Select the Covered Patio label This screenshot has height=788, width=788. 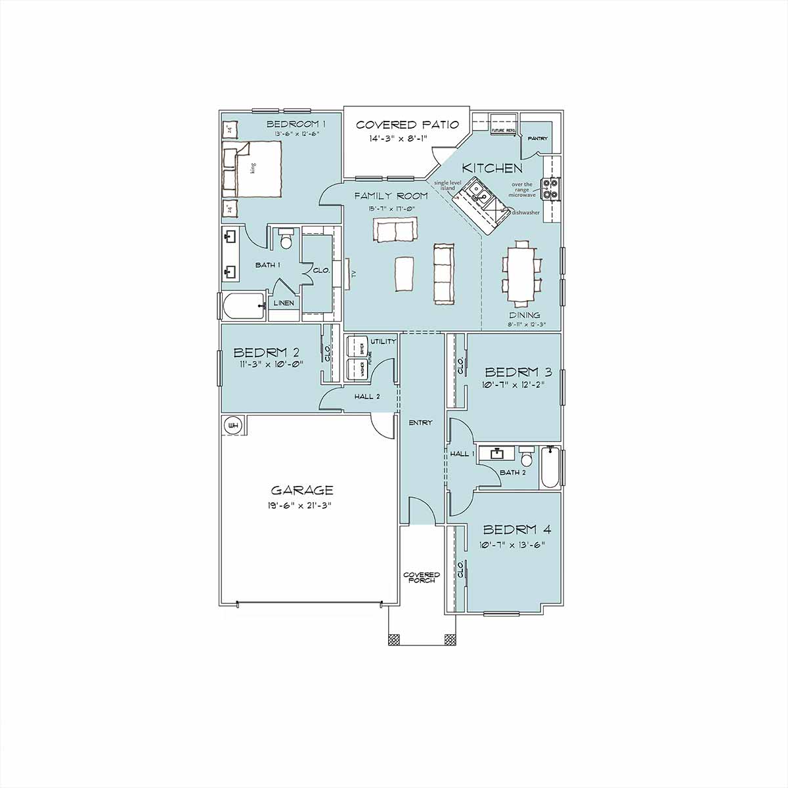[x=404, y=125]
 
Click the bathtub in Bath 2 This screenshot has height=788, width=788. [x=550, y=468]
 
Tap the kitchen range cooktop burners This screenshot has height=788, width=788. [x=550, y=188]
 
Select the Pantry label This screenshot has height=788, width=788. [x=538, y=139]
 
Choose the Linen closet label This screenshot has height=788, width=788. [x=284, y=303]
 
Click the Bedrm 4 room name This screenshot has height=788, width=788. [x=517, y=530]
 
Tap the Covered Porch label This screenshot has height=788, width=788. [x=422, y=577]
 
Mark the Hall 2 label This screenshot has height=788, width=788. [x=367, y=397]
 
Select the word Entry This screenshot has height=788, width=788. [x=420, y=423]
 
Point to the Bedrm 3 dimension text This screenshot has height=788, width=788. [x=513, y=385]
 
